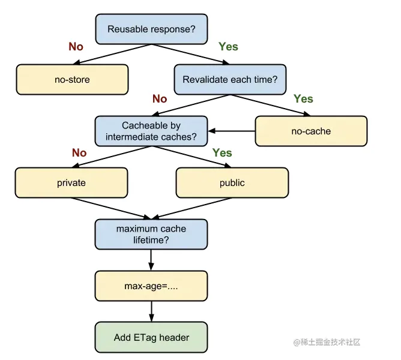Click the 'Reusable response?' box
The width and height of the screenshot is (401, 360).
(151, 29)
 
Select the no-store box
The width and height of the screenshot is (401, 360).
(73, 80)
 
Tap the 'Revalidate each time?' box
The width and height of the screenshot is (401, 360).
(230, 80)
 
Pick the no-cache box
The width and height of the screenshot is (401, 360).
(311, 131)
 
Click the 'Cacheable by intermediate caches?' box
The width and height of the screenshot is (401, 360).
(151, 131)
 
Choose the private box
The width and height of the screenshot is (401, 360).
(71, 183)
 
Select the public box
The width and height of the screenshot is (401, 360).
(232, 183)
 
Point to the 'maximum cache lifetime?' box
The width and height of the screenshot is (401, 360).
(151, 234)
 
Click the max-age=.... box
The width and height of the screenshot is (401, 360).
(151, 286)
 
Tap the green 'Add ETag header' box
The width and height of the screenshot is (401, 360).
(151, 337)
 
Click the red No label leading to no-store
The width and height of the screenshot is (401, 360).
(76, 47)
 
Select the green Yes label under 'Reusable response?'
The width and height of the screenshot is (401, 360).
(228, 47)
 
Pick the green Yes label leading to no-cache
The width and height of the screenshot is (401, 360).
(303, 98)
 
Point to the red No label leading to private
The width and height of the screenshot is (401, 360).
(79, 152)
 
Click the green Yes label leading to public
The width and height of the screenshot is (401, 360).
(222, 152)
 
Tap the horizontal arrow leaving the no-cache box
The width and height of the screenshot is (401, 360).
(232, 131)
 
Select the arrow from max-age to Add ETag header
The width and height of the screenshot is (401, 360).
(151, 311)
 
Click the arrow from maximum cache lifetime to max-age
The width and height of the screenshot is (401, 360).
(151, 260)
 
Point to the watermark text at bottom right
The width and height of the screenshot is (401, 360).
(327, 342)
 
